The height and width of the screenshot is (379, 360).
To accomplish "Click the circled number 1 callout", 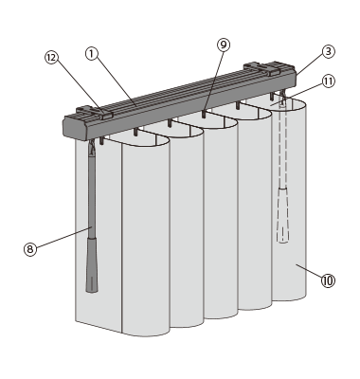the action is [92, 54].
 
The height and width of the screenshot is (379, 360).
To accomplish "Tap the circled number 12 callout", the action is [51, 58].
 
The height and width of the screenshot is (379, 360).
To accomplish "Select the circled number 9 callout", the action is [224, 45].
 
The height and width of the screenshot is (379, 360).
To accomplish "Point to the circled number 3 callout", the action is [329, 51].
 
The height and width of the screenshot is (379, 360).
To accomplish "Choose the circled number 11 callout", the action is [329, 81].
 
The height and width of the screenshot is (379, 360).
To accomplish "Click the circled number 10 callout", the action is [328, 280].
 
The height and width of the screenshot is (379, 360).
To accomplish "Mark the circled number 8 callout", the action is [30, 249].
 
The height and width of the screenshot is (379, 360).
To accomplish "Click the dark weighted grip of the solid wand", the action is [92, 265].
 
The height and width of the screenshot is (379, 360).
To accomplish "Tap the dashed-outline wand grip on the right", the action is [282, 215].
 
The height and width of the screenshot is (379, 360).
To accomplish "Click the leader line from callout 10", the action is [309, 271].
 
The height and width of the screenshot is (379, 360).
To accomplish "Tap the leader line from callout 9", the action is [214, 81].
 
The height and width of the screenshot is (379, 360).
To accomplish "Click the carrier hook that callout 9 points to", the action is [204, 114].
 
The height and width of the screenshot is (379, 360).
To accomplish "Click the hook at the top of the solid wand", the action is [92, 149].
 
